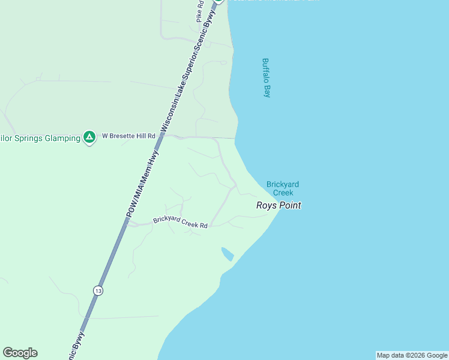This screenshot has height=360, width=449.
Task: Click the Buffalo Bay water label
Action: pos(267,77)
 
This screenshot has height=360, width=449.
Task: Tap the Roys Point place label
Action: pos(278,205)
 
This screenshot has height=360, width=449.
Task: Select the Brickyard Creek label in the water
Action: pos(283,188)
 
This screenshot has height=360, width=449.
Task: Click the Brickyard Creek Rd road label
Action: pos(180,222)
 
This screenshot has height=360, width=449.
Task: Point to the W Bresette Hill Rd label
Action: pos(128,136)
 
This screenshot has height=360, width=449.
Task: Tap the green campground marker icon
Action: pos(89,137)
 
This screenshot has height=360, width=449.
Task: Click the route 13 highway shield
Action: pos(98,290)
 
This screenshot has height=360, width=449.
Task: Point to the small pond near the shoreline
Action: pos(228,254)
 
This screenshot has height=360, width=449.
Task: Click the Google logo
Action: pos(20,353)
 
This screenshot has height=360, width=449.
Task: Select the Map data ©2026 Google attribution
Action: pos(412,355)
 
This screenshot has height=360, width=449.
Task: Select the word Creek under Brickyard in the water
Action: pos(283,193)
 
